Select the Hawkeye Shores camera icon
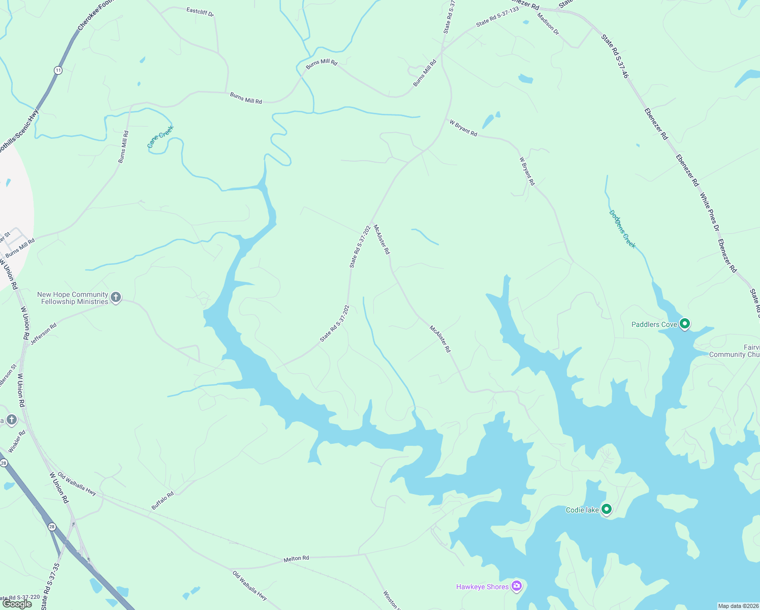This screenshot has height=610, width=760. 517,587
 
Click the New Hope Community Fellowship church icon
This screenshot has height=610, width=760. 116,297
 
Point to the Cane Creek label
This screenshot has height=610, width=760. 161,137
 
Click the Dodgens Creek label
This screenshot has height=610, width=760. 622,229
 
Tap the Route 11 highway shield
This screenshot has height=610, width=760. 58,70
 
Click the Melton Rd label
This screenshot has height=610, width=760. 296,559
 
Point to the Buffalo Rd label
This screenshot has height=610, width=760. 163,500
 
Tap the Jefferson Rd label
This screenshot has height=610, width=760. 43,334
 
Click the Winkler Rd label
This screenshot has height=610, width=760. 17,442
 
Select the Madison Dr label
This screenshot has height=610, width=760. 548,23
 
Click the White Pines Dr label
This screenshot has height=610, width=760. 709,211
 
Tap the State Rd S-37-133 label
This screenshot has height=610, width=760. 497,17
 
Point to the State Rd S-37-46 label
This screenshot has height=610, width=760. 615,56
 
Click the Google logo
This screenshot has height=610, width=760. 17,604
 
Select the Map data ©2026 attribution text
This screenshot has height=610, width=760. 738,606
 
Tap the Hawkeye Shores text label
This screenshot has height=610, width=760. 482,587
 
